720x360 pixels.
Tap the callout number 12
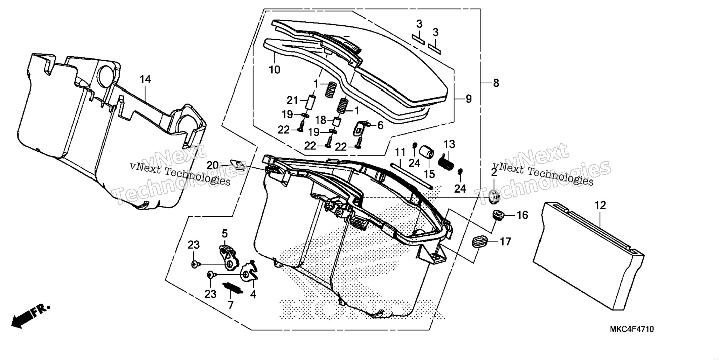pyautogui.click(x=600, y=205)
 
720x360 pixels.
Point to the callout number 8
pyautogui.click(x=496, y=83)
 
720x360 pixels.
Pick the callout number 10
pyautogui.click(x=275, y=70)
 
